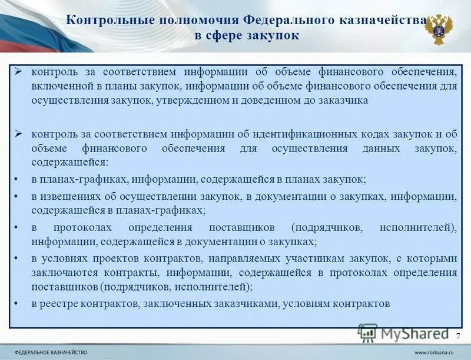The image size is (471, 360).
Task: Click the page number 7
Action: point(458,335)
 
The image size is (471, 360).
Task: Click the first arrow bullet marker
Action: point(18,72)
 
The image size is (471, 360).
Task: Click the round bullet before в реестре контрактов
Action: point(18,304)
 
